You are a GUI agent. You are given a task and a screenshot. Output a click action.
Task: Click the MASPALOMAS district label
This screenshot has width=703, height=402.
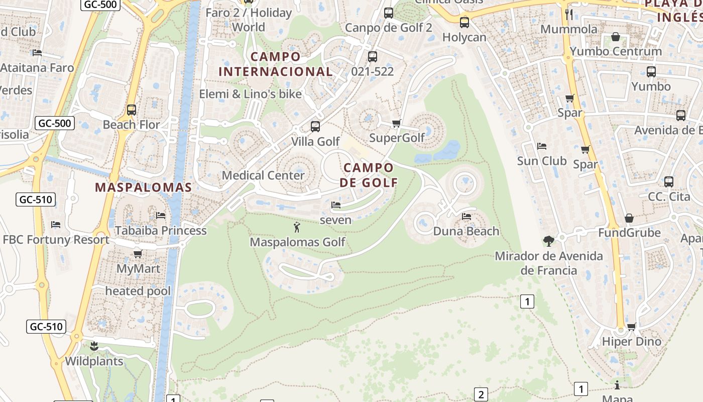pyautogui.click(x=144, y=187)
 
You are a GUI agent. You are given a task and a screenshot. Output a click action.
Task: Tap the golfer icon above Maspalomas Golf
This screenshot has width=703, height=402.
pyautogui.click(x=297, y=227)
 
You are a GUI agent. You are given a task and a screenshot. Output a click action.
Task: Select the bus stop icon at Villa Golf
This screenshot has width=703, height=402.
pyautogui.click(x=315, y=127)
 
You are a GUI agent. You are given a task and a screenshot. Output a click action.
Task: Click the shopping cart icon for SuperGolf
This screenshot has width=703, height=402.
pyautogui.click(x=396, y=123)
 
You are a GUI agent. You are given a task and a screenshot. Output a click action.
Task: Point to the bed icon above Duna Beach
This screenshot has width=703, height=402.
pyautogui.click(x=466, y=217)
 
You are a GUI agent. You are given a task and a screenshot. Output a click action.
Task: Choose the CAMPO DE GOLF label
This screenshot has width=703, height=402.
pyautogui.click(x=369, y=175)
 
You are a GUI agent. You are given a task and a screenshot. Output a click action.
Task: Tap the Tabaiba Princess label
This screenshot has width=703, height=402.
pyautogui.click(x=161, y=231)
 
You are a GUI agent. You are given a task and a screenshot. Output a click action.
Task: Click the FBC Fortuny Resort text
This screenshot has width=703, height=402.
pyautogui.click(x=56, y=240)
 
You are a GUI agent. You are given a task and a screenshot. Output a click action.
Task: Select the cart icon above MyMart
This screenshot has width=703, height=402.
pyautogui.click(x=138, y=254)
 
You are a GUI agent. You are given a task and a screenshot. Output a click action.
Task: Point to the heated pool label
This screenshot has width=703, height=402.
pyautogui.click(x=138, y=291)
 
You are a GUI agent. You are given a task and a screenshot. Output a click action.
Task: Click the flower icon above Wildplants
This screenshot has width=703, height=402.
pyautogui.click(x=94, y=346)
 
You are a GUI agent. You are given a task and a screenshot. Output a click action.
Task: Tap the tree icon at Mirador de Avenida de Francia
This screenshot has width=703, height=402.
pyautogui.click(x=549, y=241)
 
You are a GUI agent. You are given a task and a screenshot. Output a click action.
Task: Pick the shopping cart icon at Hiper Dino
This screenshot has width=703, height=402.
pyautogui.click(x=632, y=327)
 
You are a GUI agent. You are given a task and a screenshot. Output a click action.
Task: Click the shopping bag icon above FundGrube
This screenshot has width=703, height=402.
pyautogui.click(x=629, y=218)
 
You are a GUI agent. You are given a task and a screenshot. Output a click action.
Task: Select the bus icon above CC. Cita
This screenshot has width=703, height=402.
pyautogui.click(x=669, y=182)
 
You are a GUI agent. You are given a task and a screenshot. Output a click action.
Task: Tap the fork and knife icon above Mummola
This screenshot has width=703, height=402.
pyautogui.click(x=569, y=14)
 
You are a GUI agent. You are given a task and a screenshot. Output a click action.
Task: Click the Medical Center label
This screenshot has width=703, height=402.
pyautogui.click(x=263, y=175)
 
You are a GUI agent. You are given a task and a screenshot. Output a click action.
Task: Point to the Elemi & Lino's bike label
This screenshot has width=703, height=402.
pyautogui.click(x=251, y=94)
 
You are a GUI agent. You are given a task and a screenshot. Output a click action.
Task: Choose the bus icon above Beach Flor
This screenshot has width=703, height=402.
pyautogui.click(x=132, y=110)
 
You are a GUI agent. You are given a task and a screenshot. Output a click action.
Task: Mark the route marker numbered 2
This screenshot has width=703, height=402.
pyautogui.click(x=481, y=394)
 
